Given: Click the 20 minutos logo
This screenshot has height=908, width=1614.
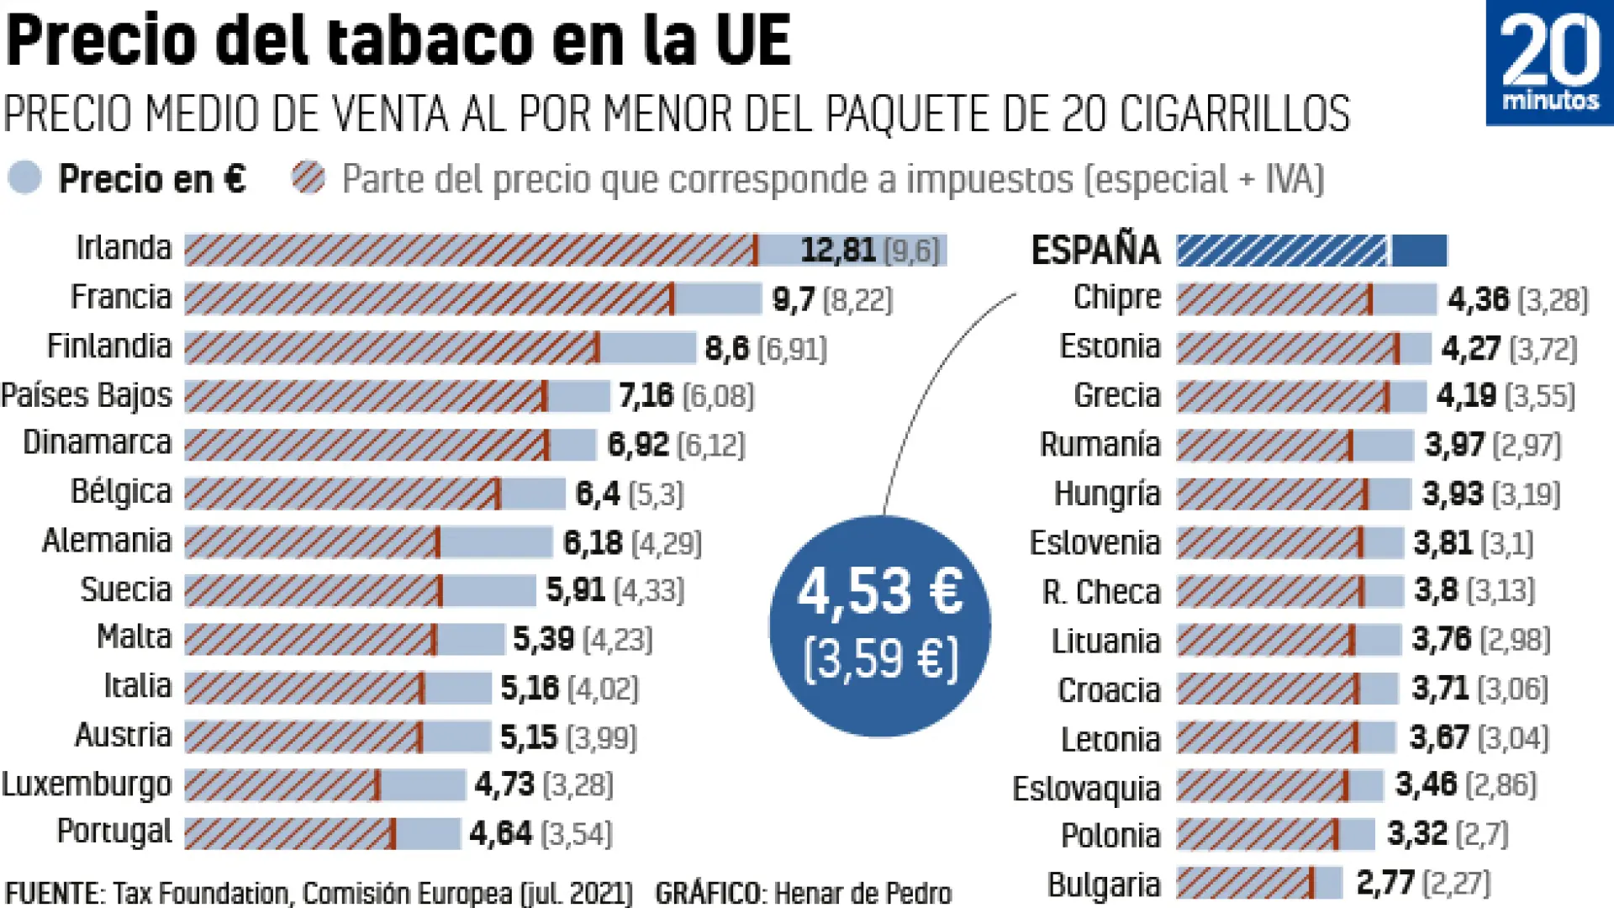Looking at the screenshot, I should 1549,63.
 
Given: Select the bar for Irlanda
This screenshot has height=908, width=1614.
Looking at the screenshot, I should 565,250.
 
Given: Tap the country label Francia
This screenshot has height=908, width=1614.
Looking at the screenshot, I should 120,298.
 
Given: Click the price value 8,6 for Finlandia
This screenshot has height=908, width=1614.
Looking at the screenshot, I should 726,348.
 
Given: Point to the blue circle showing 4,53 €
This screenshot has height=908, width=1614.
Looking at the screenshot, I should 879,626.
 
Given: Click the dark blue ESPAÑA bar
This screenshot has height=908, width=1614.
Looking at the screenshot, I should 1311,251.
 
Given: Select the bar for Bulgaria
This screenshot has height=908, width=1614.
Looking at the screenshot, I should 1258,884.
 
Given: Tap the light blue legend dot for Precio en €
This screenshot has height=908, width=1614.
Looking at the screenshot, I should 24,178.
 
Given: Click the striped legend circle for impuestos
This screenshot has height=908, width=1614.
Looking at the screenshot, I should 309,178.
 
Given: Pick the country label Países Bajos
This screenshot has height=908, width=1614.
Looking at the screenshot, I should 87,395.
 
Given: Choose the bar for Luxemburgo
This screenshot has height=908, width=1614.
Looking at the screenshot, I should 324,785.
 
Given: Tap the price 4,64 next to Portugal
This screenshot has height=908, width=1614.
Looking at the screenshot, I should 500,834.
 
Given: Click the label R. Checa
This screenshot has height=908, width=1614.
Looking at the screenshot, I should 1101,592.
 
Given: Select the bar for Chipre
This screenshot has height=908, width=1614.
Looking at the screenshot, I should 1305,299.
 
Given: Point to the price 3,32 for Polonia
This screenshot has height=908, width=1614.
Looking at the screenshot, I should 1416,834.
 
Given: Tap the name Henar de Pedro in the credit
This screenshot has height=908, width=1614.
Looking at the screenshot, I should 862,893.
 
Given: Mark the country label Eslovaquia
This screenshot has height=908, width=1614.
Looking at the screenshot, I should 1086,789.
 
